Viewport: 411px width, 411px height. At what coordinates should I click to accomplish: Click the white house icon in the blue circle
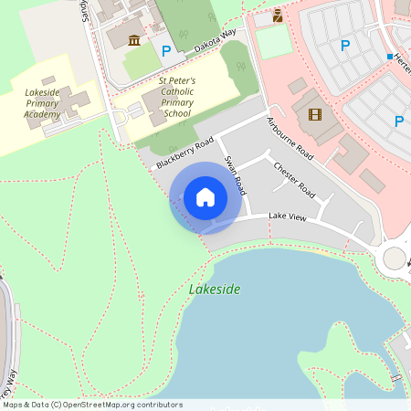[205, 197]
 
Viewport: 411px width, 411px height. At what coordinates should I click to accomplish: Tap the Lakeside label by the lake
[215, 290]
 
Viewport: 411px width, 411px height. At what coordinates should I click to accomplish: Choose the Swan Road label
[236, 174]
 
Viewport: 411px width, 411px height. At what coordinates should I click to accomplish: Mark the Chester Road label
[294, 180]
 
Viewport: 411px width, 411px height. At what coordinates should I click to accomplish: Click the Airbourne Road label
[290, 139]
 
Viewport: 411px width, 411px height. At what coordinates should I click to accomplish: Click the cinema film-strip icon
[315, 114]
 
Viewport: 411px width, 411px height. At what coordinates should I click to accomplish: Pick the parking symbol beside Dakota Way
[165, 51]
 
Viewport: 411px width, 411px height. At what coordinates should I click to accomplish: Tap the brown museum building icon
[134, 39]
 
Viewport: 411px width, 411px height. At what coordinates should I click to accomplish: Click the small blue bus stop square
[389, 57]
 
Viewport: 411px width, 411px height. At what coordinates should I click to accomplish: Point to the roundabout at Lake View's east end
[395, 258]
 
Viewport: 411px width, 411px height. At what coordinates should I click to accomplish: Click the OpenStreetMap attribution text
[93, 404]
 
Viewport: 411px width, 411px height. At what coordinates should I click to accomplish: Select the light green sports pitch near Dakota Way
[273, 43]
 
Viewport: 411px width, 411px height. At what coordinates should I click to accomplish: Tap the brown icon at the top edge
[278, 15]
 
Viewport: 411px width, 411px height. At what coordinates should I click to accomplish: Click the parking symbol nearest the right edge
[399, 121]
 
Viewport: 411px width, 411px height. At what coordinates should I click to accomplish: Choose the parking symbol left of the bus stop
[345, 45]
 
